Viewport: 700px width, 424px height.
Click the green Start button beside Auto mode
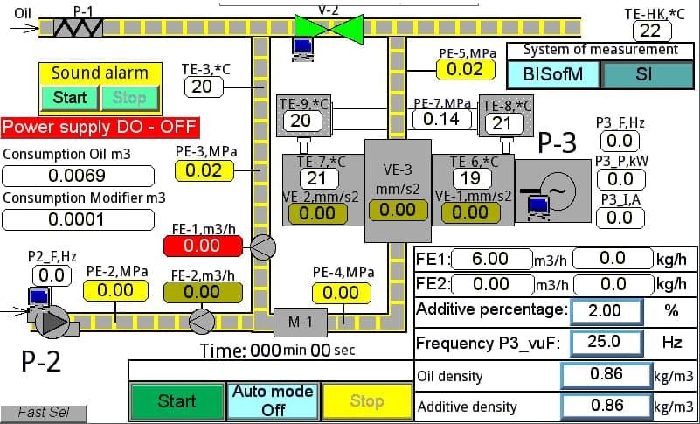click(x=177, y=401)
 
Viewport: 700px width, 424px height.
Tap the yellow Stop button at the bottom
click(x=367, y=401)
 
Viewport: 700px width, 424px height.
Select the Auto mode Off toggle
click(x=273, y=400)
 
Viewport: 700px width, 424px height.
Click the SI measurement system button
click(x=643, y=74)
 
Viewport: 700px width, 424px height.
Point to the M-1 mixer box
click(x=300, y=322)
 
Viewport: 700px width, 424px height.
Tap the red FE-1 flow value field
click(x=201, y=247)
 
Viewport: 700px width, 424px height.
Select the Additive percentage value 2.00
click(x=605, y=310)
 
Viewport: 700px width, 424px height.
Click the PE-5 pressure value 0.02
click(x=465, y=69)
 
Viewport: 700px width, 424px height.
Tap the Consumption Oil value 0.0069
click(x=79, y=176)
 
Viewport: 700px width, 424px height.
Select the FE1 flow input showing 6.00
click(x=490, y=259)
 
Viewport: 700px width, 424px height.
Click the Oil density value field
click(x=606, y=374)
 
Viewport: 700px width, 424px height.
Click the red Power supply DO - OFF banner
click(x=100, y=128)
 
